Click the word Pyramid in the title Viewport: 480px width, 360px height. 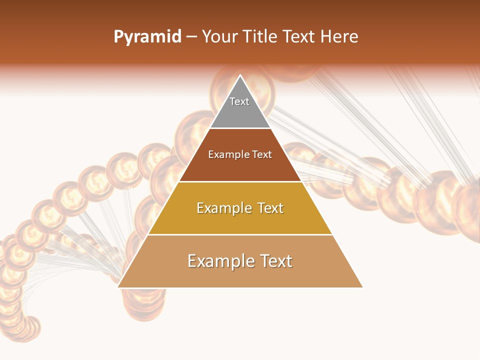tap(147, 37)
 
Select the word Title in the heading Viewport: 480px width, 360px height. tap(261, 37)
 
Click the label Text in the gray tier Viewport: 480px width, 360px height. tap(239, 101)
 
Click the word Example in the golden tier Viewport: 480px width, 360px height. tap(222, 208)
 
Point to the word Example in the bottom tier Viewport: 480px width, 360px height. tap(219, 261)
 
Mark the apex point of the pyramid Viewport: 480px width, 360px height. tap(240, 75)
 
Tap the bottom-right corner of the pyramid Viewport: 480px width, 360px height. tap(362, 287)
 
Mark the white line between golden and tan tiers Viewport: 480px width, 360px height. tap(240, 234)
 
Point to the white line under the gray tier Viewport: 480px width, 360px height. tap(240, 128)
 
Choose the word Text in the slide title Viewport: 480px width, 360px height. tap(299, 37)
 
